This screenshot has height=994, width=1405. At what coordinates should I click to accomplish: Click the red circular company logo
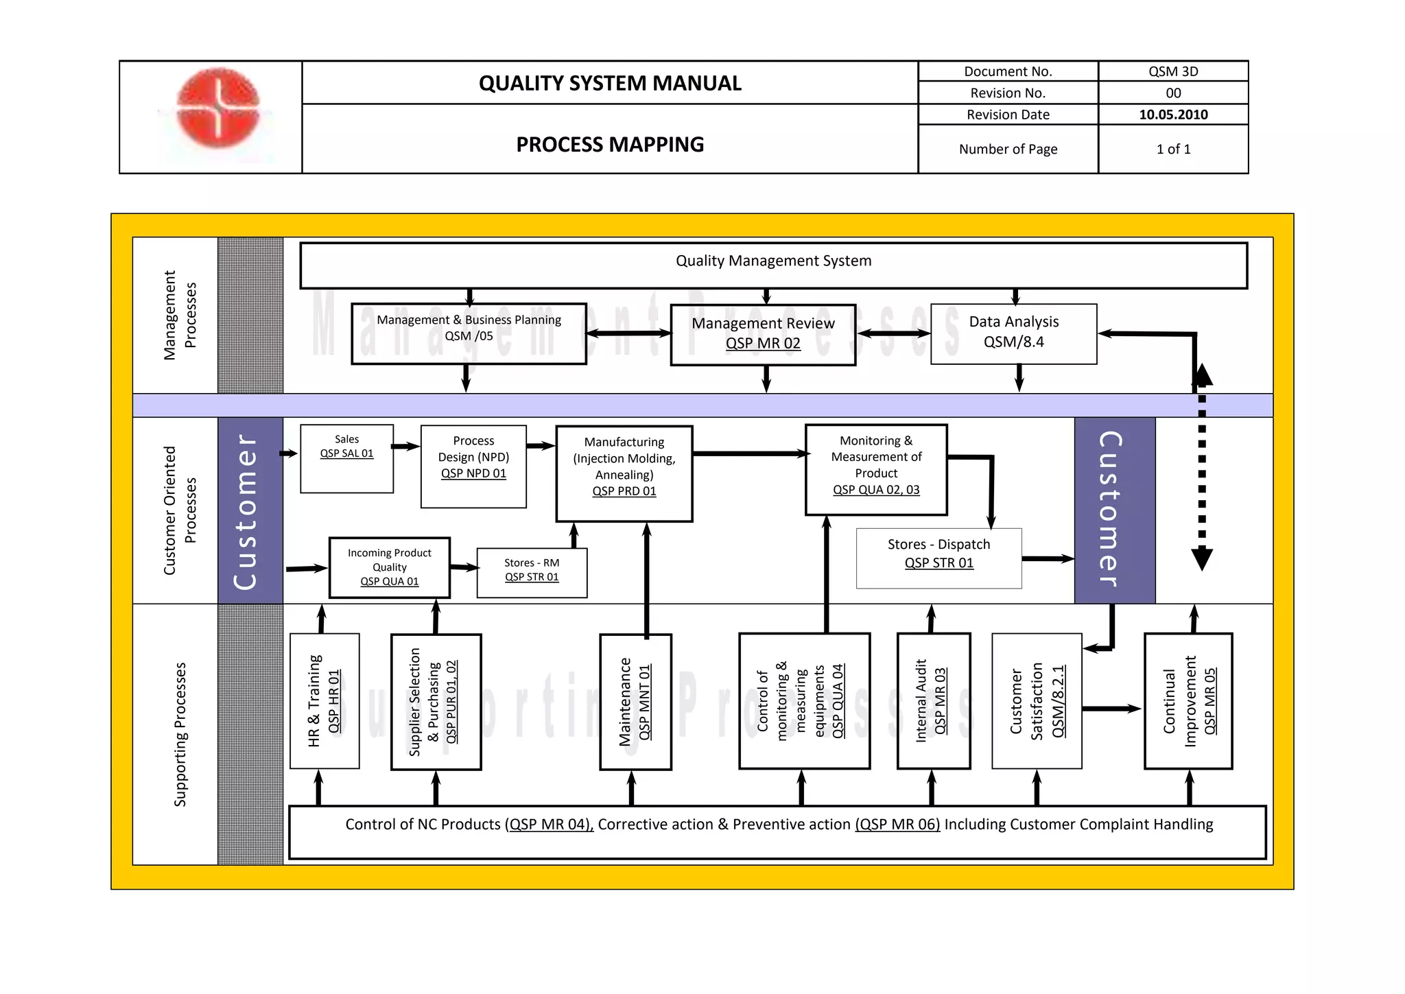tap(218, 108)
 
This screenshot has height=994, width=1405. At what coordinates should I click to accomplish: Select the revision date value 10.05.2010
tap(1173, 115)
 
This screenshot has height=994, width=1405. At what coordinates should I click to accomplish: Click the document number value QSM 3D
tap(1173, 71)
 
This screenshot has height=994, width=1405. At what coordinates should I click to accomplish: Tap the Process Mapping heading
tap(610, 145)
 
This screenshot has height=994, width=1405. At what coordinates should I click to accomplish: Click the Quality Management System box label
tap(773, 261)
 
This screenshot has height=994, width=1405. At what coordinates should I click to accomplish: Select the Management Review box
tap(763, 334)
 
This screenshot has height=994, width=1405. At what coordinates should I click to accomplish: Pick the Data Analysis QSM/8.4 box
tap(1013, 333)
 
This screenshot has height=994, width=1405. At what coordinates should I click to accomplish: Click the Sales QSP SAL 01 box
tap(346, 458)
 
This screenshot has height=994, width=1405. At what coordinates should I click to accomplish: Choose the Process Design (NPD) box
tap(473, 466)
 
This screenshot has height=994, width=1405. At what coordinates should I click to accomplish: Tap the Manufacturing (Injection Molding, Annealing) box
tap(624, 473)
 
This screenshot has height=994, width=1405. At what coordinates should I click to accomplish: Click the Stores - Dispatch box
tap(938, 558)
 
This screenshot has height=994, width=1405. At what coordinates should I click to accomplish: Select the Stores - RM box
tap(532, 572)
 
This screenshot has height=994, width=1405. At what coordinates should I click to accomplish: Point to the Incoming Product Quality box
tap(389, 567)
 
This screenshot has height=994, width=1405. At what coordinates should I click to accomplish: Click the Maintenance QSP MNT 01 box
tap(635, 701)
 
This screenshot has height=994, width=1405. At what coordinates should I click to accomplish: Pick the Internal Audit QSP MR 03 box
tap(933, 701)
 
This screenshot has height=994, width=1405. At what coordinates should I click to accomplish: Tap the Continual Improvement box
tap(1188, 701)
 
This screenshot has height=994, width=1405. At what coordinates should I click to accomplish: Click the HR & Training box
tap(324, 701)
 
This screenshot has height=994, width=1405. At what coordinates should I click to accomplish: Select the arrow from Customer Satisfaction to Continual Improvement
tap(1111, 709)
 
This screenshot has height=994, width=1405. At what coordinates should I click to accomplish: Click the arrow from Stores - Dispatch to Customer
tap(1048, 559)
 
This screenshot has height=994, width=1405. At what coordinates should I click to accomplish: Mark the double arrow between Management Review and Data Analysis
tap(893, 333)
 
